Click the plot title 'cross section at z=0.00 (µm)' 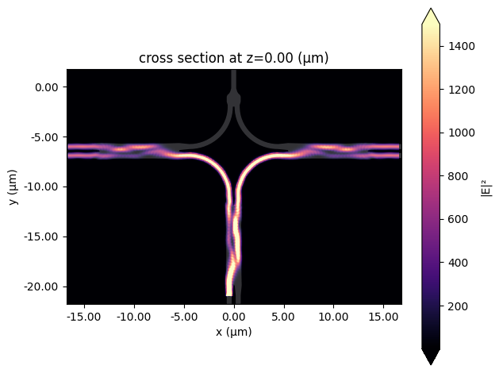pos(233,58)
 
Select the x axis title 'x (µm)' pos(233,332)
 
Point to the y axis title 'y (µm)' pos(13,186)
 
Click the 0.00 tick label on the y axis pos(47,87)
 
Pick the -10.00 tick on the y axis pos(45,186)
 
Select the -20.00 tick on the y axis pos(45,286)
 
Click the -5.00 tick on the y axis pos(47,137)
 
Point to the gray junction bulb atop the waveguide pos(233,98)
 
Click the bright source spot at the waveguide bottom pos(231,287)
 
